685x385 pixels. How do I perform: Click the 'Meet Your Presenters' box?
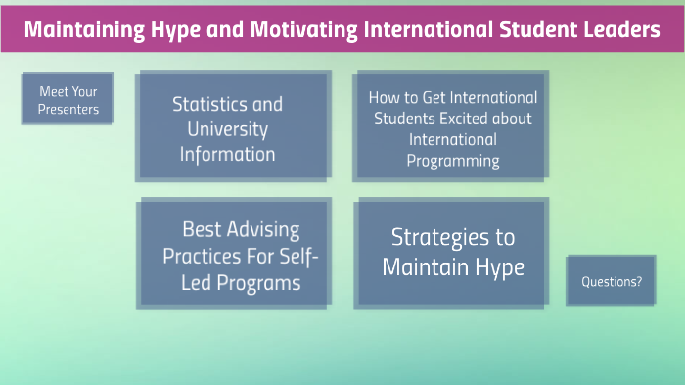coord(68,100)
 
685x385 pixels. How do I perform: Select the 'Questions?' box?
coord(612,281)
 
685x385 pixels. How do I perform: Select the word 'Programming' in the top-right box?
coord(454,162)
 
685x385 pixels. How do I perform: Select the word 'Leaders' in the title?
coord(620,29)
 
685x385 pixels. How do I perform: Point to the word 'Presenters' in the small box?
coord(68,110)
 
